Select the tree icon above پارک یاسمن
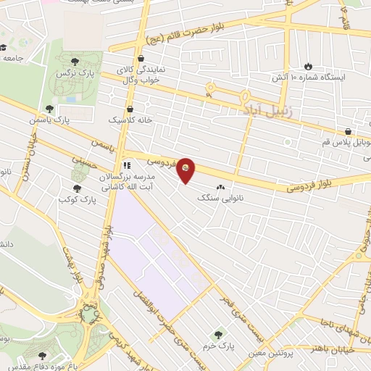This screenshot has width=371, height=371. (x=49, y=108)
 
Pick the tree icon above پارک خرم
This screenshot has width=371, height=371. (x=218, y=334)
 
